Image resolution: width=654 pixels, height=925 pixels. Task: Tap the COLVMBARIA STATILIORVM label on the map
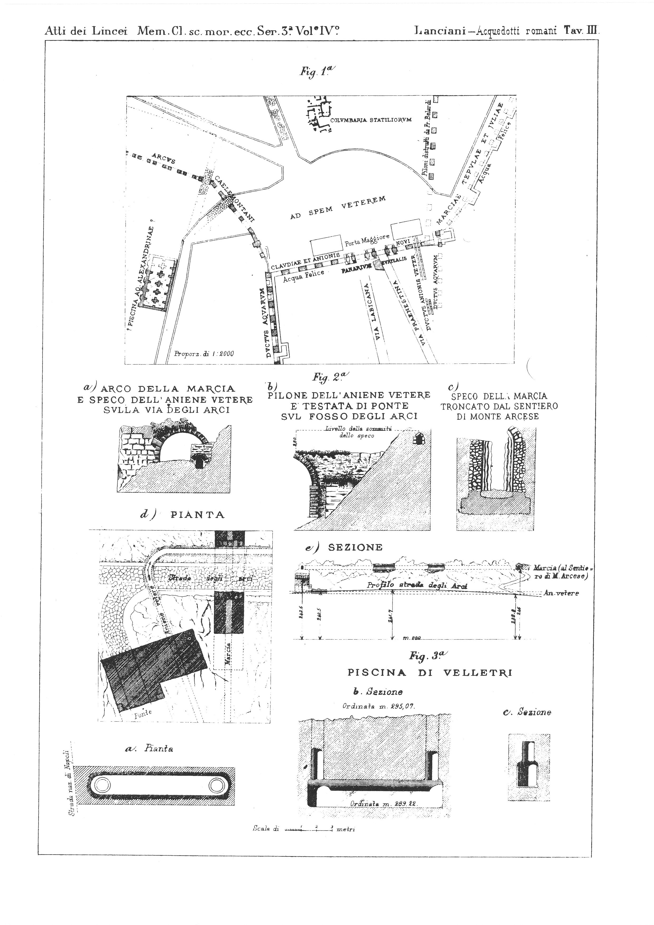click(371, 120)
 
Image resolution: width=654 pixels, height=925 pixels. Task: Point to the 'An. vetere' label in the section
click(562, 594)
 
